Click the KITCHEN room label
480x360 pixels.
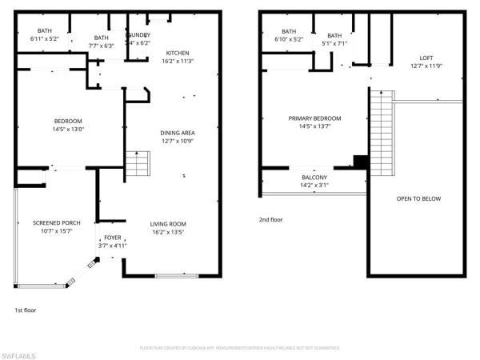(178, 53)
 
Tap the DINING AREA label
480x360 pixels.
(178, 133)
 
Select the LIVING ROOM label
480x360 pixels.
(168, 224)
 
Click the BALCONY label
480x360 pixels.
(314, 178)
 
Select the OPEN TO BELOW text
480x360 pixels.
(418, 198)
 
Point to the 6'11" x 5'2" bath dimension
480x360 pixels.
(45, 38)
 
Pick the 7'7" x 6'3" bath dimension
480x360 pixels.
(101, 46)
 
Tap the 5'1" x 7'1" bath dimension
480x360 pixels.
(334, 44)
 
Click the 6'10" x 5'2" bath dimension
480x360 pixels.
(288, 38)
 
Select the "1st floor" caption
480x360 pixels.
(26, 310)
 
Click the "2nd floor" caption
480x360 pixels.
(270, 219)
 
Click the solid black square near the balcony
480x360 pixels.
(360, 162)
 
